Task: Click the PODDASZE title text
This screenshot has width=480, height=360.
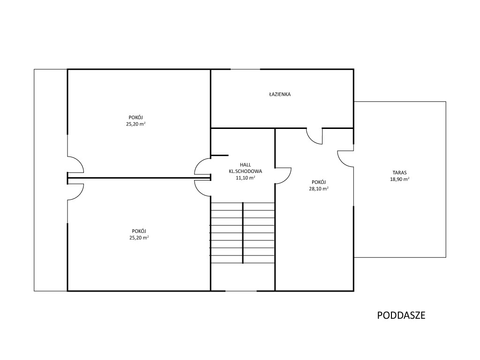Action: tap(401, 315)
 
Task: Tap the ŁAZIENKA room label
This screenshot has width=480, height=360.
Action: tap(280, 94)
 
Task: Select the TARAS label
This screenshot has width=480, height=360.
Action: tap(400, 172)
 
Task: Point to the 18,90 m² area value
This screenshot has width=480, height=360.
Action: tap(400, 180)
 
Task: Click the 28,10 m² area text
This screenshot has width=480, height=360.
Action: tap(319, 188)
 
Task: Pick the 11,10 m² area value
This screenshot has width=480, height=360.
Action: tap(246, 178)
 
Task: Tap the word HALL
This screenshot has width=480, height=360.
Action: tap(246, 165)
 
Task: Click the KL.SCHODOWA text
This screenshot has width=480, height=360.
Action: tap(246, 172)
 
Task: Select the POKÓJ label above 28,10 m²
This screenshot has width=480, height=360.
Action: tap(319, 182)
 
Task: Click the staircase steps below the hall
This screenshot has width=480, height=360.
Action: tap(242, 232)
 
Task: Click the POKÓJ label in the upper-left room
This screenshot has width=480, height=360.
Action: tap(135, 118)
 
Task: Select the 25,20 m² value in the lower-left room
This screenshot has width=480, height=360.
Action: tap(139, 238)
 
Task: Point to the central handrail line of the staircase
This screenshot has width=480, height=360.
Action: tap(243, 232)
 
